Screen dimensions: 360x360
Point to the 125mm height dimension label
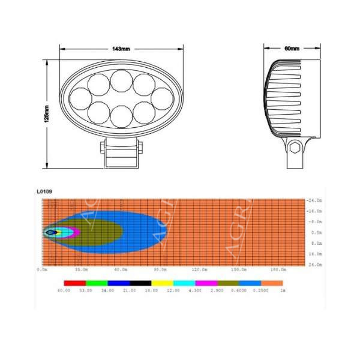[x=47, y=112]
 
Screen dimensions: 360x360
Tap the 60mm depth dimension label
[x=293, y=48]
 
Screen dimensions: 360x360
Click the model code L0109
[x=45, y=192]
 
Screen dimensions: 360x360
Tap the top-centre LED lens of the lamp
[x=121, y=78]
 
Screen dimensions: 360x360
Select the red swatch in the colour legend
[x=74, y=282]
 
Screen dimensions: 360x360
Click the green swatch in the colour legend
[x=96, y=282]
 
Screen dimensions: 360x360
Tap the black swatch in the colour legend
[x=140, y=282]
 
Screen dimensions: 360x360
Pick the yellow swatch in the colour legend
[x=162, y=282]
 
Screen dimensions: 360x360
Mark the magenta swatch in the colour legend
[x=206, y=282]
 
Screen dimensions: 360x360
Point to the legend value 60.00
[x=64, y=290]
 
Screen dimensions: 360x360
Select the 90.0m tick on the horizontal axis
[x=160, y=269]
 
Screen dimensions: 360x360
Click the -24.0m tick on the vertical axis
[x=314, y=200]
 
